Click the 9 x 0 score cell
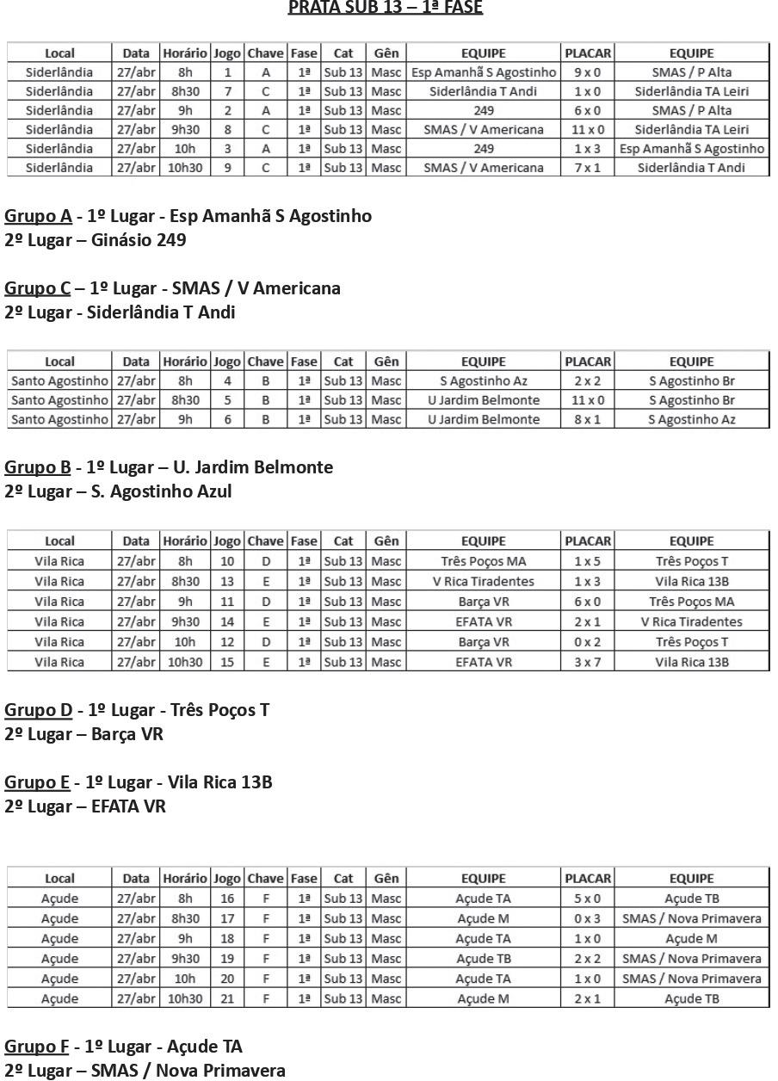[588, 72]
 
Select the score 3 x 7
[588, 662]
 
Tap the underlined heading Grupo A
[38, 216]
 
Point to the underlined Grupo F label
[37, 1047]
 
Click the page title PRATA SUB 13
[385, 8]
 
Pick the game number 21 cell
[227, 998]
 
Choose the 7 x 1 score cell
[588, 168]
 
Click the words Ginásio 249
[139, 240]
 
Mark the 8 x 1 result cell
[588, 419]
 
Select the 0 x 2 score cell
[588, 641]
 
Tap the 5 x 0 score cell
[588, 899]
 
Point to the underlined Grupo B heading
[38, 467]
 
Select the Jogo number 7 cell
[227, 91]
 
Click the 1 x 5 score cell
[588, 561]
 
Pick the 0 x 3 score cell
[588, 918]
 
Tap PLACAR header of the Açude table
[588, 879]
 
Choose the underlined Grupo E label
[37, 782]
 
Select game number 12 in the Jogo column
[227, 641]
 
